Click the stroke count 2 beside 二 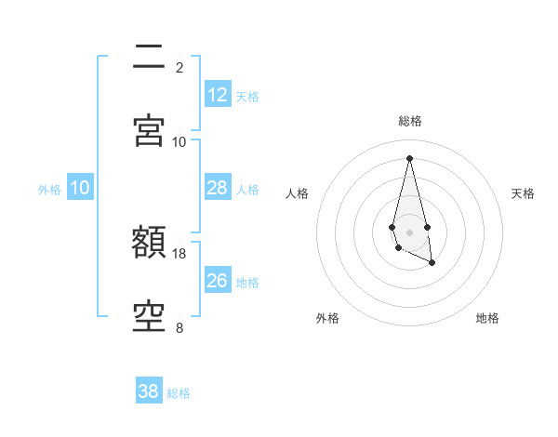[x=179, y=68]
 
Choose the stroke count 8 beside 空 [x=179, y=327]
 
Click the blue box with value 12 [x=218, y=95]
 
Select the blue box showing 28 [x=218, y=188]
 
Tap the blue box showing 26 [x=218, y=281]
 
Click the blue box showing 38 [x=149, y=391]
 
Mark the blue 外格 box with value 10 [x=80, y=188]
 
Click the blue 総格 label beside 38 [x=179, y=393]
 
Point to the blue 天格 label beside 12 [x=247, y=97]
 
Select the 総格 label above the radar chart [x=410, y=121]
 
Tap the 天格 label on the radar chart [x=524, y=193]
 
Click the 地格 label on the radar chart [x=487, y=319]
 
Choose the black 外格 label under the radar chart [x=327, y=319]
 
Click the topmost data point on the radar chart [x=409, y=157]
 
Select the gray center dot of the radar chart [x=409, y=231]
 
